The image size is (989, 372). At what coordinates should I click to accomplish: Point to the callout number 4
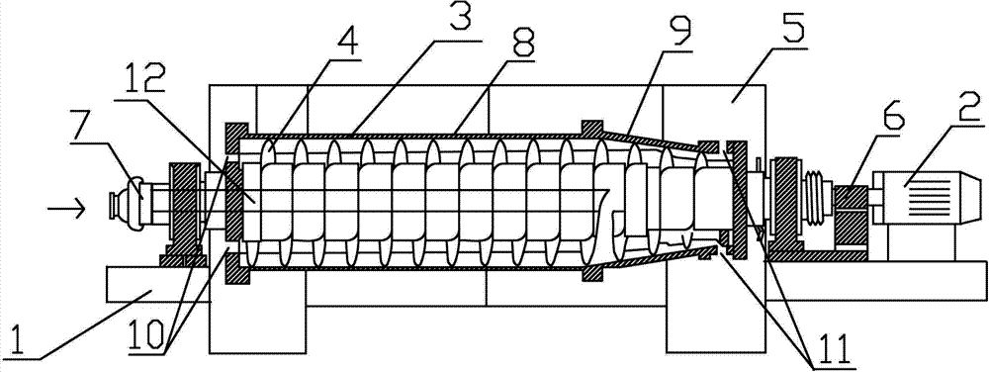[348, 43]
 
